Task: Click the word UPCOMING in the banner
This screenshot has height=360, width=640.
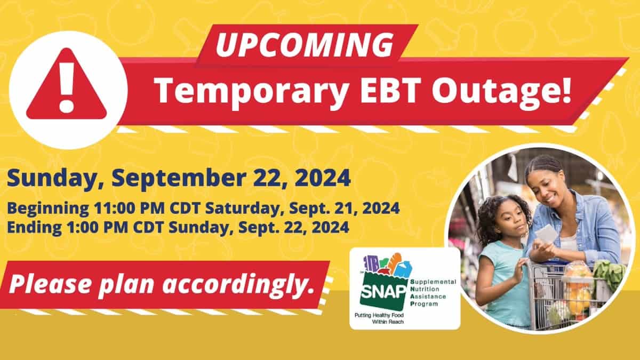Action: (305, 45)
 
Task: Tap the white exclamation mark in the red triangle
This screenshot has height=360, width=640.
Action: (67, 87)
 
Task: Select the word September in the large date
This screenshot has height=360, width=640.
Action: (179, 178)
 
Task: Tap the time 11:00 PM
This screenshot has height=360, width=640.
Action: (129, 208)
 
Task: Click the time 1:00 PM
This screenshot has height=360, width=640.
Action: (97, 227)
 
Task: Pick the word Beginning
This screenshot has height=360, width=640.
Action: (48, 209)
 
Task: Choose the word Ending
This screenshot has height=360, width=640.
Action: (34, 228)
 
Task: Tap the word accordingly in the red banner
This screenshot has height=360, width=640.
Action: (238, 285)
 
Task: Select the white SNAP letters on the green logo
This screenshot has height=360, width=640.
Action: (383, 291)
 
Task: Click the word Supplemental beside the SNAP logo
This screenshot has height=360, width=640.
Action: (433, 282)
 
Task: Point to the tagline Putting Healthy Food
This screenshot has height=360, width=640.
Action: (379, 315)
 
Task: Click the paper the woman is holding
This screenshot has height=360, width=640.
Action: (546, 234)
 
